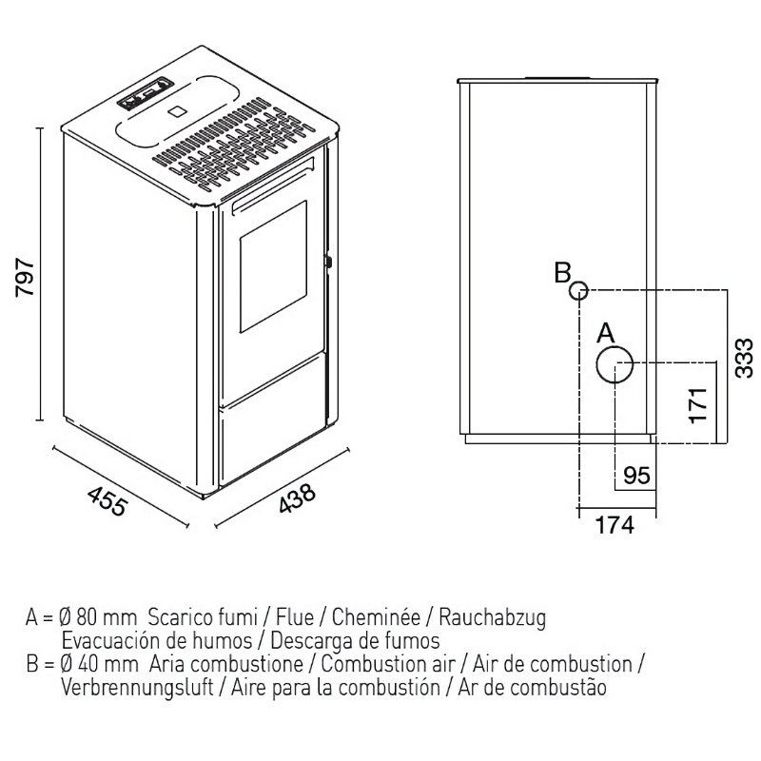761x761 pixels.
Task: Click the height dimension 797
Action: click(27, 277)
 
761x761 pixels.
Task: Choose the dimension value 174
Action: click(615, 524)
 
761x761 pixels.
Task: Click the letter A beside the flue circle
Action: click(607, 334)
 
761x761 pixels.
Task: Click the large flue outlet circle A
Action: click(616, 364)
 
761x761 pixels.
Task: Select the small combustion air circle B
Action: click(579, 291)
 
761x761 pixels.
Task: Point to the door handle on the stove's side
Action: click(328, 260)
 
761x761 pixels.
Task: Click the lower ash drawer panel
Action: click(273, 442)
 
